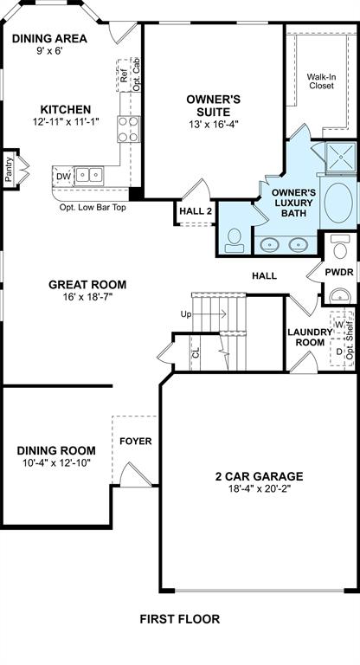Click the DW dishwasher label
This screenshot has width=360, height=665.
[63, 176]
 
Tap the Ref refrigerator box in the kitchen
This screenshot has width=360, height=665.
[124, 75]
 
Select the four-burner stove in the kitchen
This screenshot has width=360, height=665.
[129, 129]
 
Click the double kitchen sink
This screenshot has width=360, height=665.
[89, 176]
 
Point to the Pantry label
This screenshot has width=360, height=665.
[9, 169]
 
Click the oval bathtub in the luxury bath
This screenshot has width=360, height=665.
[338, 203]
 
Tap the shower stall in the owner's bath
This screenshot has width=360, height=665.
[340, 157]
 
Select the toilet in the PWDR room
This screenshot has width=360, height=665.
[339, 247]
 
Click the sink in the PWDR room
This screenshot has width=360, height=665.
[340, 294]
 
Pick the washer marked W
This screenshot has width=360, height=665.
[339, 325]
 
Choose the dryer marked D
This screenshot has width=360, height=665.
[339, 352]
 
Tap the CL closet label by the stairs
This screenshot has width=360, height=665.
[196, 353]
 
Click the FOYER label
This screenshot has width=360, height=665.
[136, 441]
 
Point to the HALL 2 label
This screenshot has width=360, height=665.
[196, 211]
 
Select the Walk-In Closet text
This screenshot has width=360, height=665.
[321, 81]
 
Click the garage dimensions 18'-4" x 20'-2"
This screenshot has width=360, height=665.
[259, 488]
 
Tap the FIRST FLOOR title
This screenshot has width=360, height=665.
[180, 619]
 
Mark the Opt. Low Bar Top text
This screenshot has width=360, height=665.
[93, 208]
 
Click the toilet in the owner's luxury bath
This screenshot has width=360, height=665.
[234, 241]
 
